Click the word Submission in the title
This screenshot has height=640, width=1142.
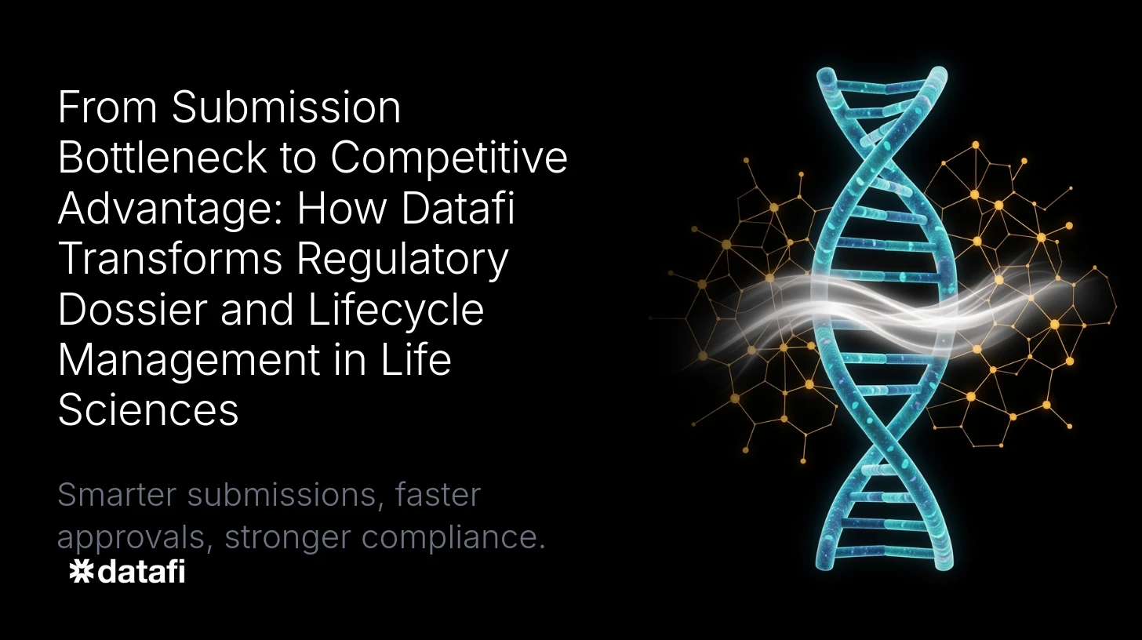[x=286, y=108]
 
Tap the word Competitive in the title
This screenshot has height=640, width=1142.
[x=449, y=158]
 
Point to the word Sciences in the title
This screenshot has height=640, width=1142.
[x=148, y=411]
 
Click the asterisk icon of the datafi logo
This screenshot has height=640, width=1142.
[x=81, y=572]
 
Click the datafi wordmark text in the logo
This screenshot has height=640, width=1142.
[x=140, y=572]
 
